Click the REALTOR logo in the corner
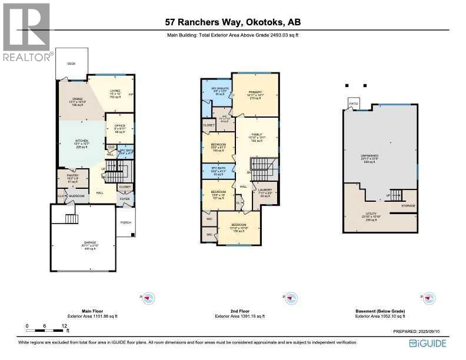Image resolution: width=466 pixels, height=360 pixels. click(x=27, y=32)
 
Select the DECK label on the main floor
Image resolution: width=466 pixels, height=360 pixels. click(x=71, y=64)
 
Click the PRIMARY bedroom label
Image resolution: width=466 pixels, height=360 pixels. click(x=255, y=92)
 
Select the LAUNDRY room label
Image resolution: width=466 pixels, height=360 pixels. click(x=265, y=189)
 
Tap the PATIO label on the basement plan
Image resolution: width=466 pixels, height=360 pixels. click(x=353, y=104)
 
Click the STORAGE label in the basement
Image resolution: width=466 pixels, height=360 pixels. click(x=408, y=205)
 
